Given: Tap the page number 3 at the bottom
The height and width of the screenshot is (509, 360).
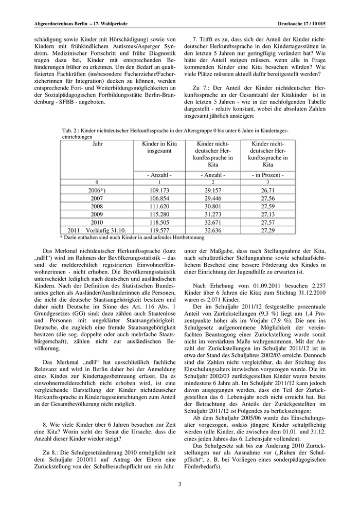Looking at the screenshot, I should tap(180, 483).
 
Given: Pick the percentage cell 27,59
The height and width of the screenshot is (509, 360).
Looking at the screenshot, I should tap(267, 206).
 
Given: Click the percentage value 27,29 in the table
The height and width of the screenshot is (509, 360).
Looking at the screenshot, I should tap(267, 230).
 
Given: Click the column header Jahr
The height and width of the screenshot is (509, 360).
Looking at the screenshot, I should tap(97, 144).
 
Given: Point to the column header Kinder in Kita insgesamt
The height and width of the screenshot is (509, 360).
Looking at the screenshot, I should tap(159, 148).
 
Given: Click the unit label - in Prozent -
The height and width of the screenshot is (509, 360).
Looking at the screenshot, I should tap(267, 175).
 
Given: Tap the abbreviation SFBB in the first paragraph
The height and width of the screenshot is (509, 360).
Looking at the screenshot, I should tap(65, 101).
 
